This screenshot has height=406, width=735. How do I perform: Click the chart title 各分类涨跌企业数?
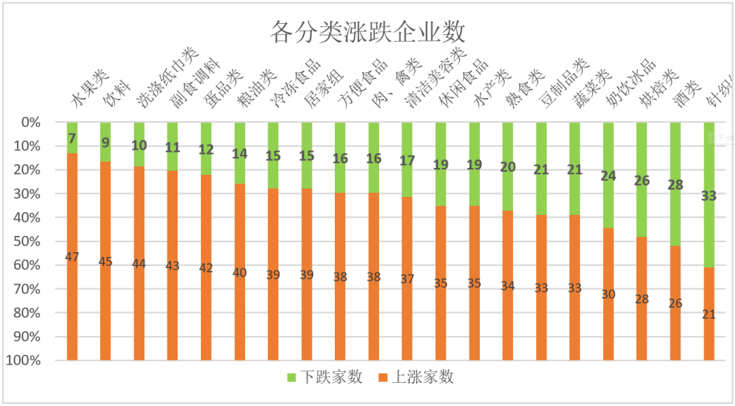(x=367, y=32)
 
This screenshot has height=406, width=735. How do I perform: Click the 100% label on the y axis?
(x=23, y=360)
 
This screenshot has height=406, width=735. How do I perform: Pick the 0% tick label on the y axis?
(x=31, y=122)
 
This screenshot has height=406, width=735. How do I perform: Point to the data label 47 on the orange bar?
(x=72, y=257)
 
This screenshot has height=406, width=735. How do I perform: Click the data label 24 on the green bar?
(x=608, y=176)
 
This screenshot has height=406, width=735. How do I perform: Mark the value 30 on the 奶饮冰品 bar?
(x=608, y=294)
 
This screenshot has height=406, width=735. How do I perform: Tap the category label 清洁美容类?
(x=436, y=78)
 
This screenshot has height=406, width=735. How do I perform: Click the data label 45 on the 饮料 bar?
(x=105, y=261)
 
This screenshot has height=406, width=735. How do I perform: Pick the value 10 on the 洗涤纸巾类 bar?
(x=139, y=145)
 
